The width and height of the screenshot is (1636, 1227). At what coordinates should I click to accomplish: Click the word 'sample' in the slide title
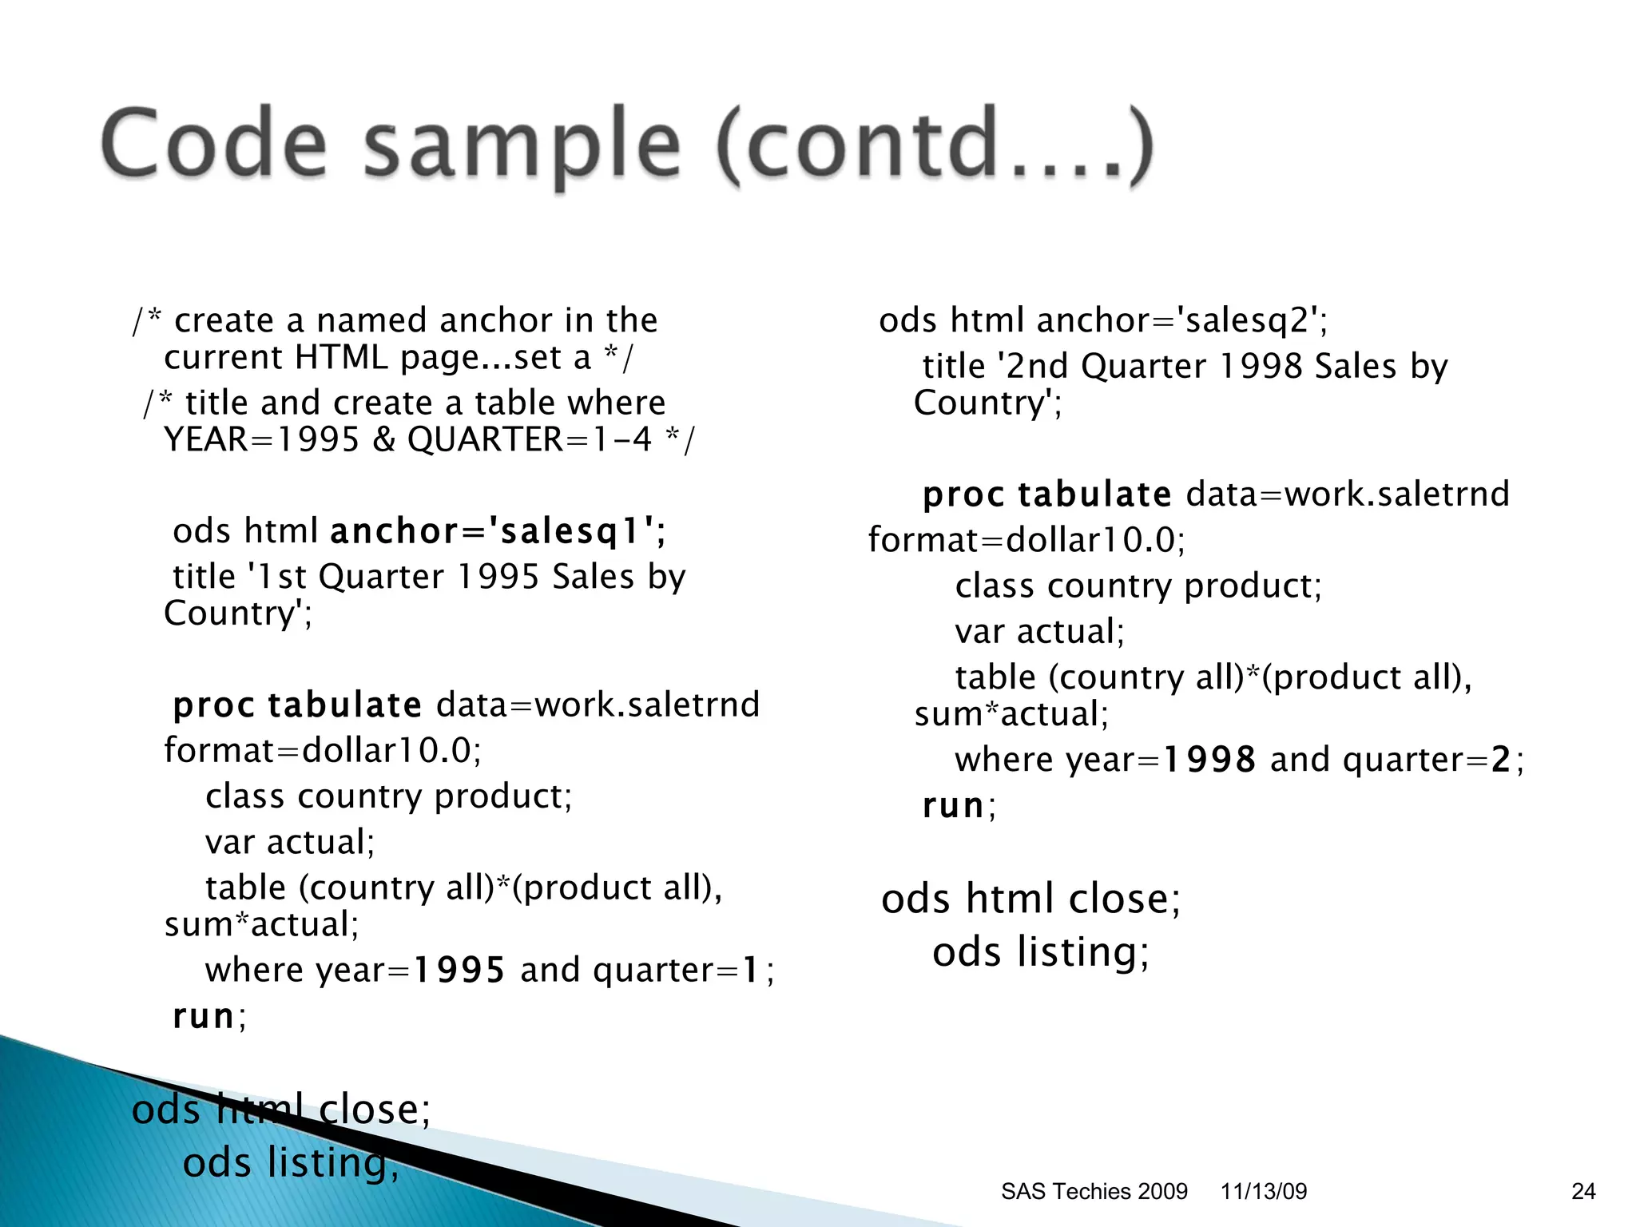[522, 145]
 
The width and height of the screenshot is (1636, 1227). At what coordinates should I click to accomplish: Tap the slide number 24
[1583, 1191]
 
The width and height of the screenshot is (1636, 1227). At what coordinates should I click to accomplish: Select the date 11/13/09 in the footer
[1264, 1191]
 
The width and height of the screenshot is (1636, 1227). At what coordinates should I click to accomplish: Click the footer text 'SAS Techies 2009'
[1094, 1191]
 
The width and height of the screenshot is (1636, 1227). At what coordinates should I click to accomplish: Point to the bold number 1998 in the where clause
[1209, 760]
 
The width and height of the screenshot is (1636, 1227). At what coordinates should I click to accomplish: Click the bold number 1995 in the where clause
[459, 971]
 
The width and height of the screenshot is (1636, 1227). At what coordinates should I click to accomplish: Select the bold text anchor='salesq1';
[498, 531]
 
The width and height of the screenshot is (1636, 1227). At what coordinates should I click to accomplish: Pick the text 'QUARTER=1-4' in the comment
[530, 439]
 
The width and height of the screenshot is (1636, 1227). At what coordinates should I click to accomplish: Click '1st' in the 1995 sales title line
[276, 577]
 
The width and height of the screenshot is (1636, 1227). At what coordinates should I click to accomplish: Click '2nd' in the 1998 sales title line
[1036, 367]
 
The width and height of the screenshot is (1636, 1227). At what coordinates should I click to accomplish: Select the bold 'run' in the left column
[204, 1016]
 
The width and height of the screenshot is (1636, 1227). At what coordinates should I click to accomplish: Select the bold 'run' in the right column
[953, 805]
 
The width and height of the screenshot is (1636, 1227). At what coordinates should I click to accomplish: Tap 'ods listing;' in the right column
[1040, 952]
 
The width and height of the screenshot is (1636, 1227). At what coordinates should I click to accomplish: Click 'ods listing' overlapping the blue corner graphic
[290, 1162]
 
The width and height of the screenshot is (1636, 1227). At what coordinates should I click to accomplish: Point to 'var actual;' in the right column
[1039, 632]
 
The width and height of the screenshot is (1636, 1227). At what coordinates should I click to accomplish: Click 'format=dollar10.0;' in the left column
[323, 751]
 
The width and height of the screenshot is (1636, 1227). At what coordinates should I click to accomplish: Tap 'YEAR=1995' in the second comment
[261, 439]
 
